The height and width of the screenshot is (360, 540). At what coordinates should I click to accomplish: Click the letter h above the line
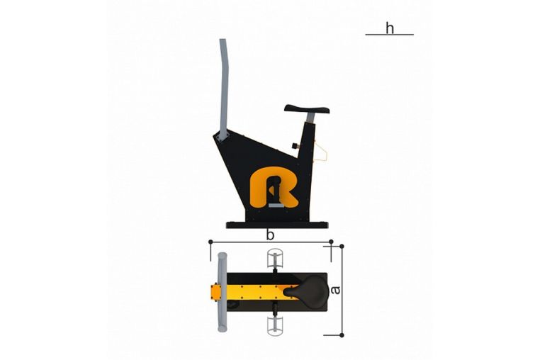[x=390, y=28]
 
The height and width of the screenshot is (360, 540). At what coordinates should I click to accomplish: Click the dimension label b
[x=270, y=235]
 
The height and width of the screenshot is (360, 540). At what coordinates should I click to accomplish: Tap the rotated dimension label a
[x=335, y=290]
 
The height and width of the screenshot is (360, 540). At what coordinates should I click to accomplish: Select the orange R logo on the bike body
[x=274, y=187]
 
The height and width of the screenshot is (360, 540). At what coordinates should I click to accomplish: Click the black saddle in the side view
[x=307, y=109]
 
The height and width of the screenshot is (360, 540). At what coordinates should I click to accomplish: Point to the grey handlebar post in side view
[x=224, y=89]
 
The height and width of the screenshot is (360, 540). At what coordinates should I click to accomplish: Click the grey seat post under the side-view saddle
[x=310, y=118]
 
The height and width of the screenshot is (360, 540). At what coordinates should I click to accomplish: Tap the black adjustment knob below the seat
[x=296, y=145]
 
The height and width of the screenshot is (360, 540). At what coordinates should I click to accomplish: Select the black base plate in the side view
[x=277, y=225]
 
